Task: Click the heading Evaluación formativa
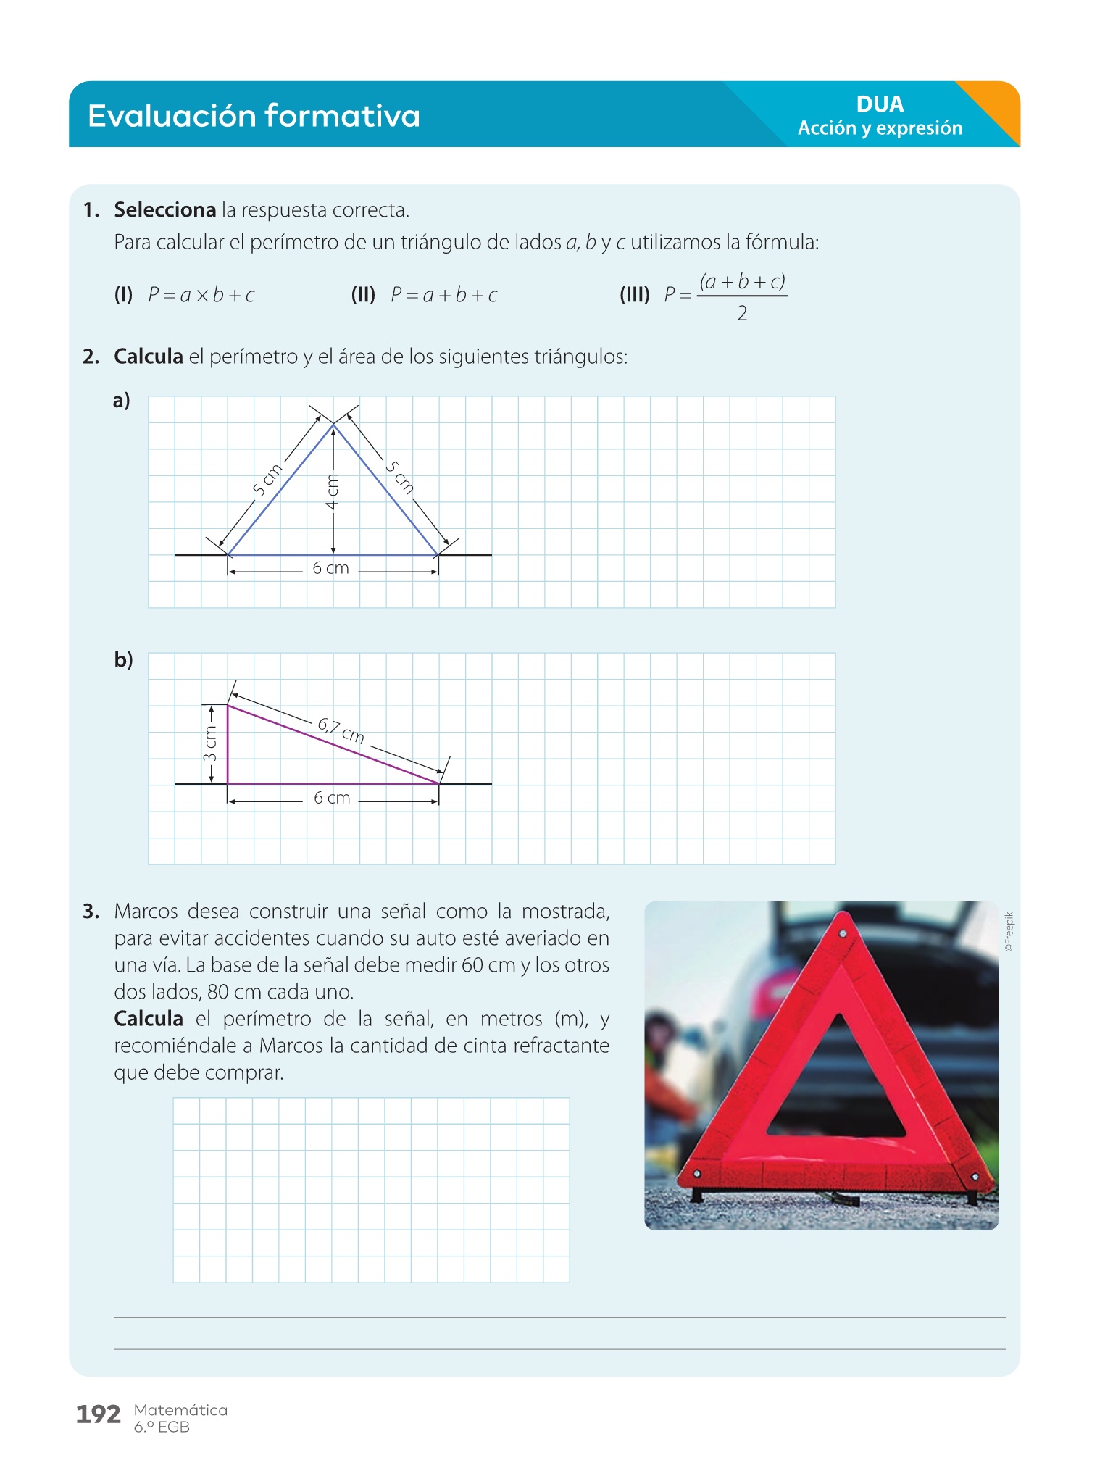tap(254, 116)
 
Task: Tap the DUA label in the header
tap(880, 104)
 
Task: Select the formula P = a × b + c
tap(201, 295)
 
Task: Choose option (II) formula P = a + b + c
tap(443, 295)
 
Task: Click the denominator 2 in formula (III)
tap(742, 314)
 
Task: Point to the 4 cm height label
tap(332, 491)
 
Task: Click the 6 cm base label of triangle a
tap(330, 569)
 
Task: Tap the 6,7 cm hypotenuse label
tap(341, 730)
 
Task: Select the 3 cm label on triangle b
tap(210, 744)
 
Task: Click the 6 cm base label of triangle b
tap(332, 799)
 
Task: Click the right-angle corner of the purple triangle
tap(228, 783)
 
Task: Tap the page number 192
tap(98, 1414)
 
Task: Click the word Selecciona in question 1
tap(165, 210)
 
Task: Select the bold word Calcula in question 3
tap(149, 1019)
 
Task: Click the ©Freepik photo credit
tap(1009, 932)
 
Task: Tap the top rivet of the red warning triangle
tap(843, 935)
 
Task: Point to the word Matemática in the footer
tap(180, 1410)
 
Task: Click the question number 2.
tap(91, 357)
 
